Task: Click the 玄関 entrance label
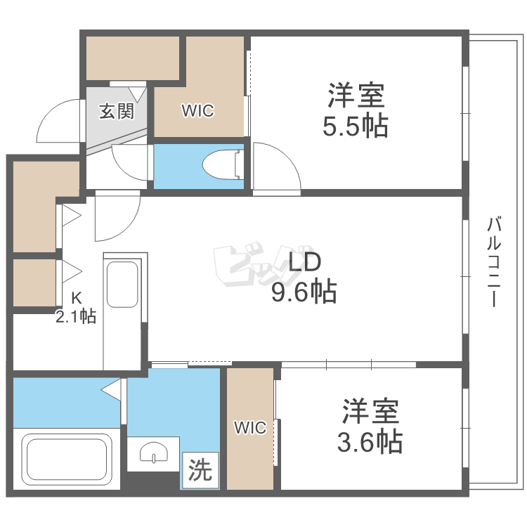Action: pos(116,111)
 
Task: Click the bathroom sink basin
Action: pos(154,454)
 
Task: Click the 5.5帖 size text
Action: pos(355,126)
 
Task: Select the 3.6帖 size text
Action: pos(370,441)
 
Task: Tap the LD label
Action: pos(304,263)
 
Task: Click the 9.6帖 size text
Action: pos(304,290)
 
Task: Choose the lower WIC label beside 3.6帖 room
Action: pos(250,427)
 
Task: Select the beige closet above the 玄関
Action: pos(131,58)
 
